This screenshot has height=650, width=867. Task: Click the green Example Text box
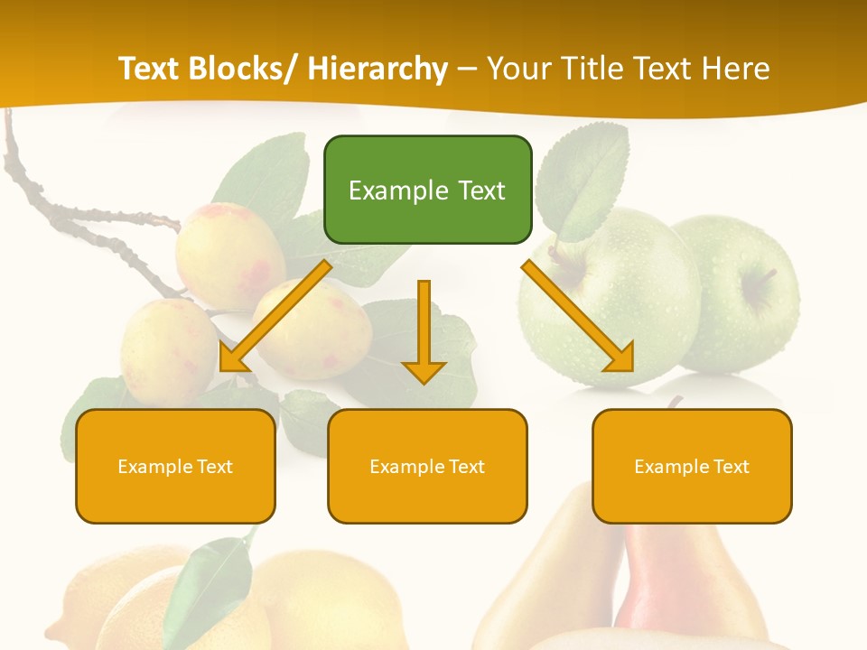(427, 190)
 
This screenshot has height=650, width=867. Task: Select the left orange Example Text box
(175, 466)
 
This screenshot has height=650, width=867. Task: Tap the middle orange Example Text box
(427, 466)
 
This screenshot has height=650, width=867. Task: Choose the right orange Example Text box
(692, 466)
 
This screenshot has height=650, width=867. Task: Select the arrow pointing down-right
(578, 317)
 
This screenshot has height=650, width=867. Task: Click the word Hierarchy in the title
(378, 69)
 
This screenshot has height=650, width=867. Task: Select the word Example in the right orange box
(667, 467)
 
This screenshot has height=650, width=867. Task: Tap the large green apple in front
(614, 298)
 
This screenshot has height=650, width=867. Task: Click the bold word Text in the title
(153, 69)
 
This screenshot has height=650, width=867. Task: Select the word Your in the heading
(519, 69)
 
